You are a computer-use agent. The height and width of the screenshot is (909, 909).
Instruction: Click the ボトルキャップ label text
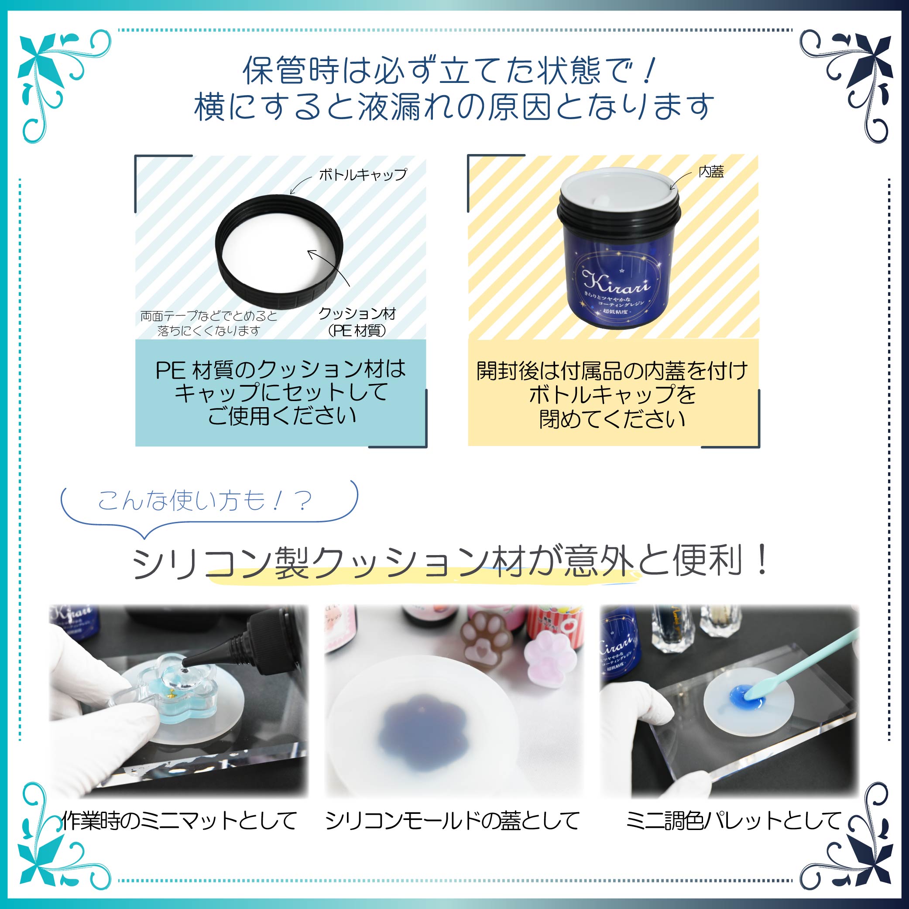[x=363, y=175]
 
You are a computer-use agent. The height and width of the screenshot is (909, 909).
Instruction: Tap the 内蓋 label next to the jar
[x=711, y=172]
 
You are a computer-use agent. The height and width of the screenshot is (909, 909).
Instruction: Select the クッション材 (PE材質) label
[x=357, y=322]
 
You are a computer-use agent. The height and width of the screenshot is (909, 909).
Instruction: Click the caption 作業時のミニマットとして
[x=179, y=820]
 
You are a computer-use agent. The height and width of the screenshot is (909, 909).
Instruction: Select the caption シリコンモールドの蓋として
[x=452, y=820]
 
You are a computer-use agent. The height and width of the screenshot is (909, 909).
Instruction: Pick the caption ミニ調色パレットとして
[x=733, y=820]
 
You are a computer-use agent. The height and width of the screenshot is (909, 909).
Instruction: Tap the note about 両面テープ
[x=209, y=323]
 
